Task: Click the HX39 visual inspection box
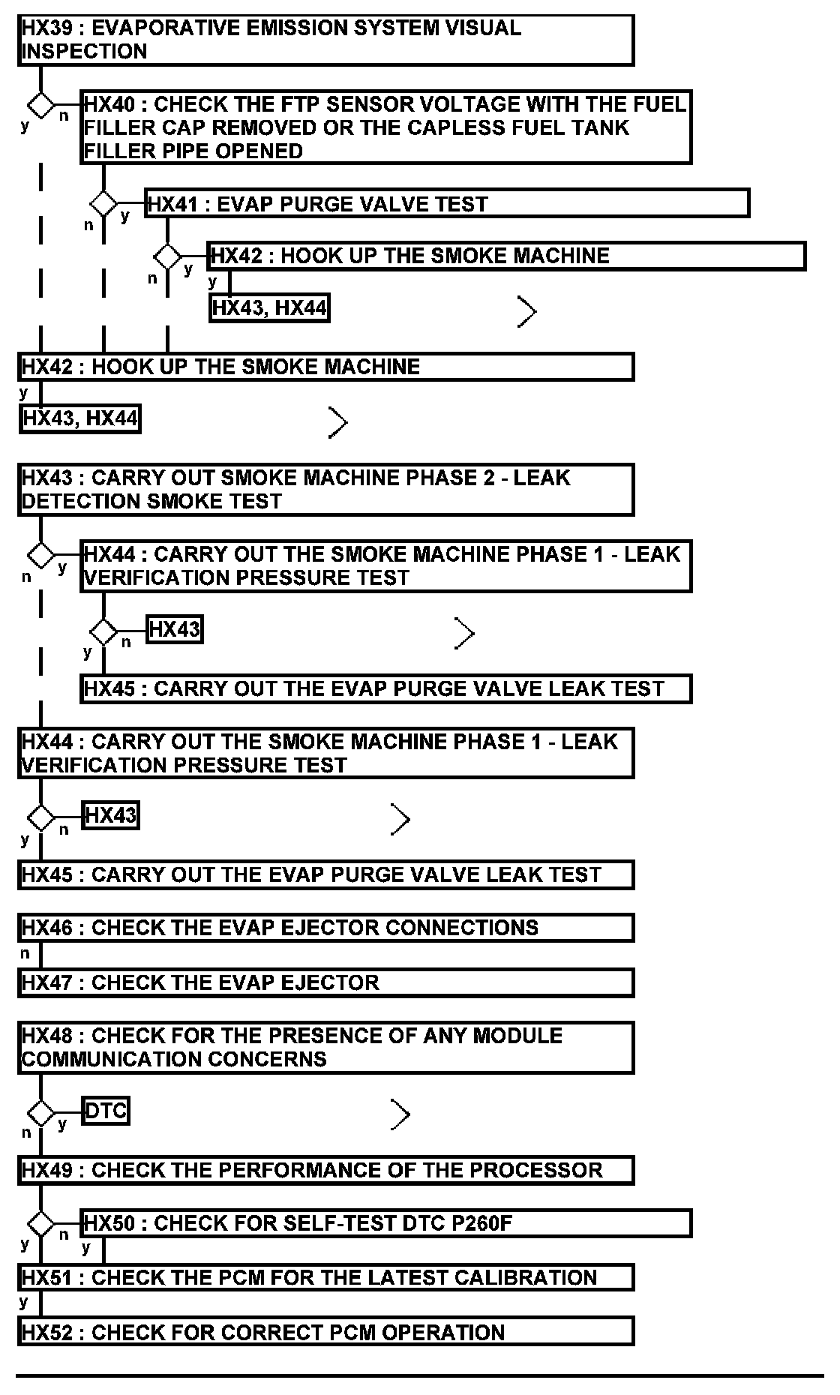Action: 325,40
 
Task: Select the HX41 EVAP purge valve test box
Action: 447,204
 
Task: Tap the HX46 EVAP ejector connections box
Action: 325,928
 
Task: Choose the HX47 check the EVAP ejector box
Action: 325,982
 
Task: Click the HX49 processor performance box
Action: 325,1170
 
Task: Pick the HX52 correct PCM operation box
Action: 325,1332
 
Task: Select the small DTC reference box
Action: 106,1111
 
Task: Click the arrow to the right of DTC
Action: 400,1115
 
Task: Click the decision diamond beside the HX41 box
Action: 103,203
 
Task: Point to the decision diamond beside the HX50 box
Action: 40,1224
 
